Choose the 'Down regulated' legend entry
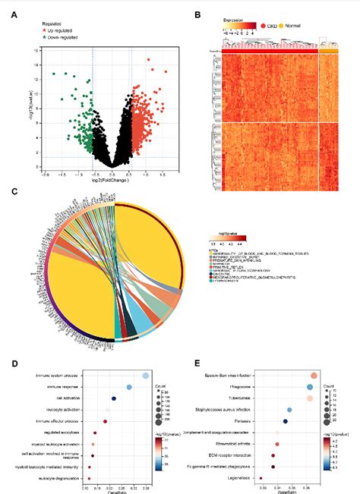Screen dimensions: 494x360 65,36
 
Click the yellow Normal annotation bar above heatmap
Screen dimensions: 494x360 328,50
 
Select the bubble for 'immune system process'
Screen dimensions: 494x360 146,375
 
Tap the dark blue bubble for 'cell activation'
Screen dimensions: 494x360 114,398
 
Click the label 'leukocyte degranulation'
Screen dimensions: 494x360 60,478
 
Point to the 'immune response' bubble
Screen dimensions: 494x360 129,386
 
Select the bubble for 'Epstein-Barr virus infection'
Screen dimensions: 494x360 314,375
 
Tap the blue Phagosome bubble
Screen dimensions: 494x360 310,386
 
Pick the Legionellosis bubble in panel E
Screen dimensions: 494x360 261,478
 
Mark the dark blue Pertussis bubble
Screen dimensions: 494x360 286,420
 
